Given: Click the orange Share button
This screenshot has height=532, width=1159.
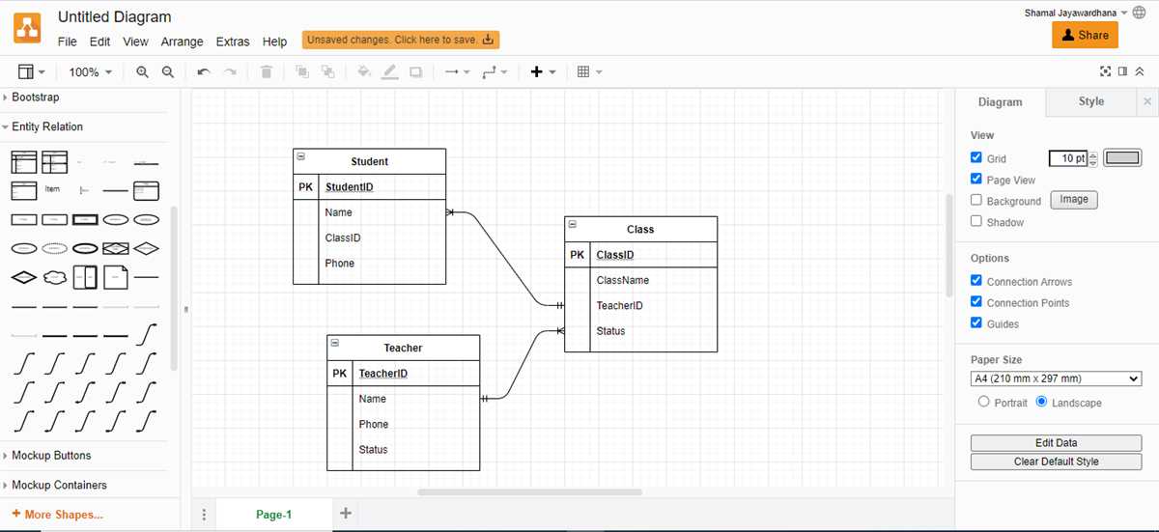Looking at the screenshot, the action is [1085, 35].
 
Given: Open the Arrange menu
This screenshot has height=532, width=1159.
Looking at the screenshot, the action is [182, 42].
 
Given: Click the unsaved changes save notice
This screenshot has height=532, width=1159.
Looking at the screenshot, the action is [401, 40].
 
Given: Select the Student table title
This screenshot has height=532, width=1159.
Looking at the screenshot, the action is [369, 161].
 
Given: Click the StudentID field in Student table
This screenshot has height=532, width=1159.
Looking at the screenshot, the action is [350, 186].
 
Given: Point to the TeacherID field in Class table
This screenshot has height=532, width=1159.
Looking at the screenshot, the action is [619, 305].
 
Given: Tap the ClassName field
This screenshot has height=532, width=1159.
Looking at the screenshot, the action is [622, 280].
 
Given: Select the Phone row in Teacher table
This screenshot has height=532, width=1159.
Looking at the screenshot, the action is [374, 424].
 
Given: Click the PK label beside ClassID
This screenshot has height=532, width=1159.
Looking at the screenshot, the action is [577, 255].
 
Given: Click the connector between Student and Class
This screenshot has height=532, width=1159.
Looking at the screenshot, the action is [504, 259].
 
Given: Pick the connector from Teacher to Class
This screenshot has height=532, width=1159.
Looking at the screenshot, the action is [522, 365].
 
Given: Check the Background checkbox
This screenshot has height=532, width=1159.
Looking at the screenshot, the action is [976, 200].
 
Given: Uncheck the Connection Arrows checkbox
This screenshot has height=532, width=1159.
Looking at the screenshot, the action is [976, 280].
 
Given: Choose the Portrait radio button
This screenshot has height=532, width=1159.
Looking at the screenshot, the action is [983, 402].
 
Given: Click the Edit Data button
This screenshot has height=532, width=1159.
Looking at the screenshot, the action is [1056, 443].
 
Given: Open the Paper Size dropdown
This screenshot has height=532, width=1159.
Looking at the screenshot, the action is [1056, 378].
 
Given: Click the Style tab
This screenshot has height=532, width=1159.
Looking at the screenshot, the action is [1090, 101].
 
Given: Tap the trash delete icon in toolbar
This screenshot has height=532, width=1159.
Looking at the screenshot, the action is [267, 71].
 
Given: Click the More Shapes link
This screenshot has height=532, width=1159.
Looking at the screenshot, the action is [57, 515].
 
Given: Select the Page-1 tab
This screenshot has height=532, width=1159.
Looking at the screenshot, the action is [273, 515].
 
